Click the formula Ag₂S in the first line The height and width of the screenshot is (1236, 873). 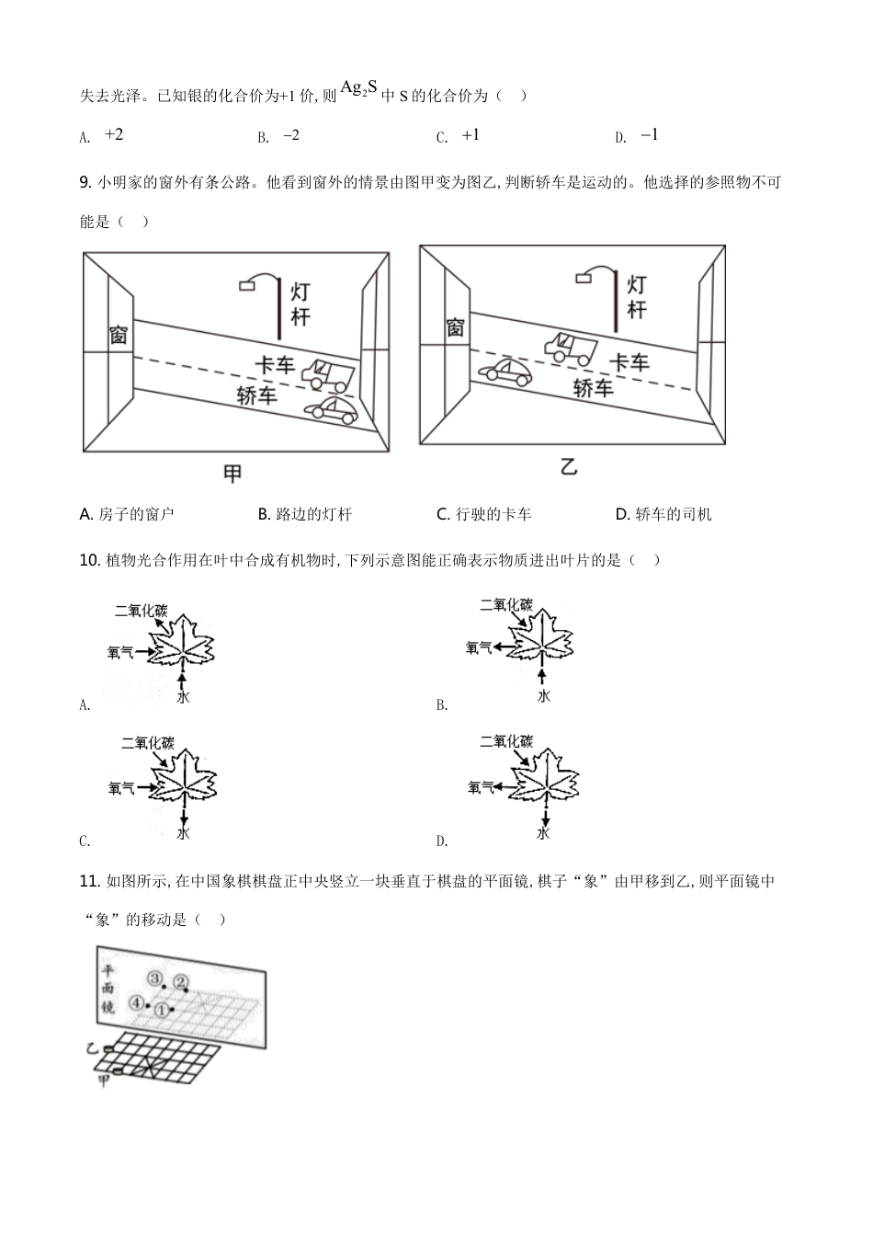[x=358, y=88]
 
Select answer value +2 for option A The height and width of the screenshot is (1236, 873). [x=114, y=135]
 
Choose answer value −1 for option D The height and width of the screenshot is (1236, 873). [x=649, y=135]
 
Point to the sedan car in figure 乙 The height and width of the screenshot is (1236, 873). [x=504, y=372]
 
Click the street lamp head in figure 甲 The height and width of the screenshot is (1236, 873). [x=247, y=286]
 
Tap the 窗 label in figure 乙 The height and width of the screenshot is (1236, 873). [x=455, y=327]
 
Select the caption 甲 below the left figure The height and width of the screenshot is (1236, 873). [x=233, y=474]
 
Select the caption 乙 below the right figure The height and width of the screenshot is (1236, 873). [x=569, y=467]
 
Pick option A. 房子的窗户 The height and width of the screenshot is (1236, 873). [x=127, y=514]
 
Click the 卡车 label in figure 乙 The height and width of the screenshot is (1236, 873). [x=630, y=361]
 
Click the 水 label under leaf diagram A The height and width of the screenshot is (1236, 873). [x=184, y=698]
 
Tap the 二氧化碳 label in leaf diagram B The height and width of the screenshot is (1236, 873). [x=506, y=604]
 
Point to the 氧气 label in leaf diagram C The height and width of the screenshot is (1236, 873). [x=121, y=788]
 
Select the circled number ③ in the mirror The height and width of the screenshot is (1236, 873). [x=155, y=978]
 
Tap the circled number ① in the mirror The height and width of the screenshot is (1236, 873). [x=162, y=1010]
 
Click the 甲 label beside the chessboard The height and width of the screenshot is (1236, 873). [x=104, y=1082]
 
